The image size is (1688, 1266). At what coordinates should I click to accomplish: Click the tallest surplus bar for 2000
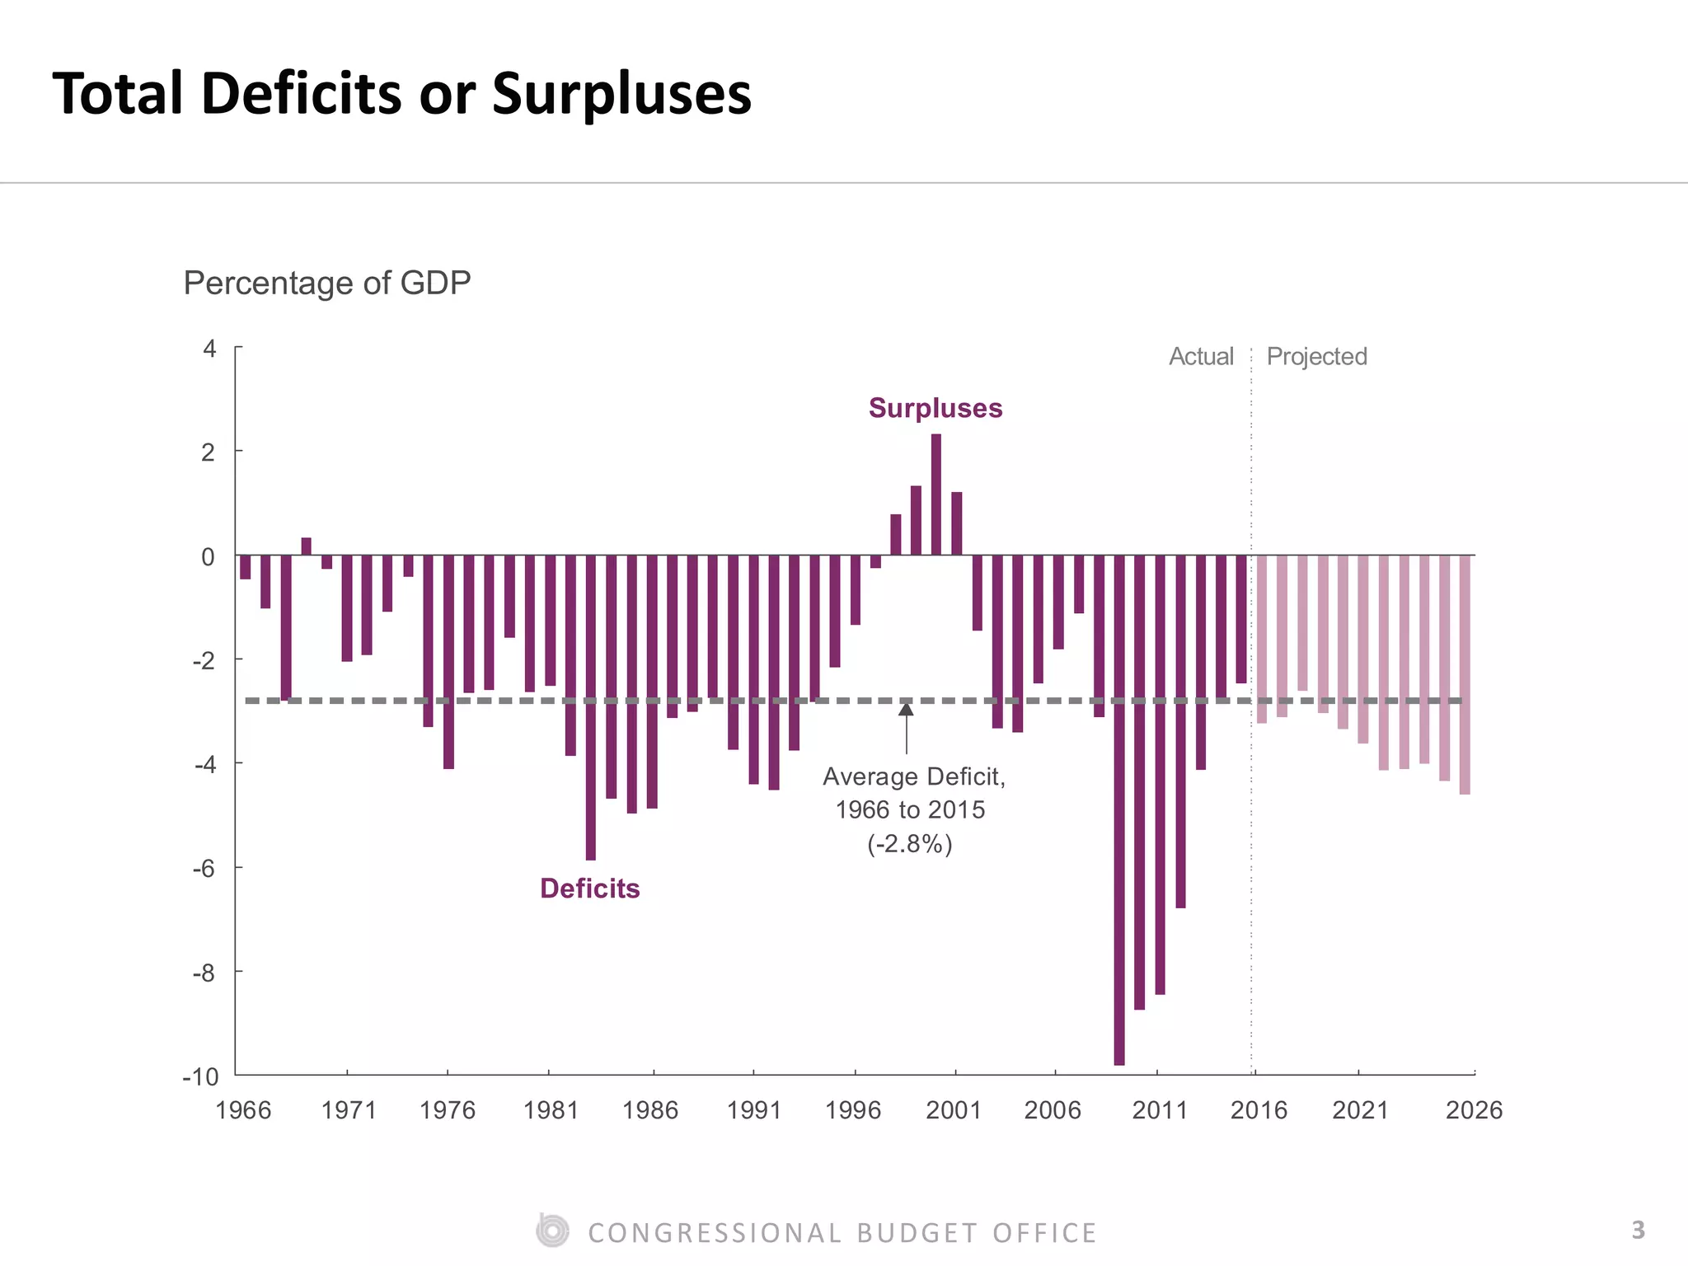click(x=936, y=495)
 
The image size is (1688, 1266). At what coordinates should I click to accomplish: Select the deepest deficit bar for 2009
click(x=1119, y=812)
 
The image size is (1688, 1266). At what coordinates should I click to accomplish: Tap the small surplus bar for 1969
click(x=307, y=546)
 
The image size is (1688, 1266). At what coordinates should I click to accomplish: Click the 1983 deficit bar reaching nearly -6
click(x=591, y=709)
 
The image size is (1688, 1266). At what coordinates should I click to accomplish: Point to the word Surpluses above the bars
click(x=935, y=408)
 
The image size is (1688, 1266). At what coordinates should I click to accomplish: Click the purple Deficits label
click(x=589, y=889)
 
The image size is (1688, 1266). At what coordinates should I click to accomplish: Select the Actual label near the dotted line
click(x=1201, y=356)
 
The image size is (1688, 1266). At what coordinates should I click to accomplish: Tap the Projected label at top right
click(x=1316, y=356)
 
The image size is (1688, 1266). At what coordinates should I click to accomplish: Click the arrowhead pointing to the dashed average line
click(x=906, y=709)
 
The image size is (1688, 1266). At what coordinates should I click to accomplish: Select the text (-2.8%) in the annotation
click(x=910, y=844)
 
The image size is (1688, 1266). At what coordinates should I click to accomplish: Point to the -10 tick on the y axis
click(x=201, y=1077)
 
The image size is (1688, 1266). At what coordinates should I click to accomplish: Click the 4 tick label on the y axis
click(x=209, y=349)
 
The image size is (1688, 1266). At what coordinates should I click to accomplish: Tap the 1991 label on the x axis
click(x=753, y=1110)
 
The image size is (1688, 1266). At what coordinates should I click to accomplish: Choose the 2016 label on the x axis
click(x=1259, y=1110)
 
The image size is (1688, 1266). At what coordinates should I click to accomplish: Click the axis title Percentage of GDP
click(x=327, y=283)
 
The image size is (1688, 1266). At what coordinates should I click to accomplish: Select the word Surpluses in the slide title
click(x=621, y=93)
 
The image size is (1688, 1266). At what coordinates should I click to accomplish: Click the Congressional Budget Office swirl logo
click(x=551, y=1231)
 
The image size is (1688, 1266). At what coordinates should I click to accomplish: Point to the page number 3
click(x=1638, y=1231)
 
